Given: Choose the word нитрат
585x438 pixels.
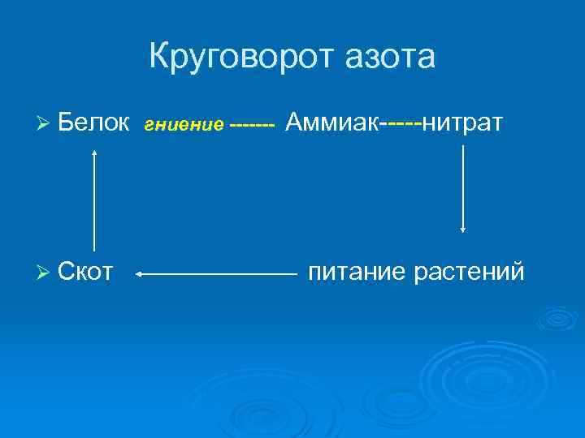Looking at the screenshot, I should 464,123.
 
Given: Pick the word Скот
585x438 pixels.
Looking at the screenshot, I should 85,272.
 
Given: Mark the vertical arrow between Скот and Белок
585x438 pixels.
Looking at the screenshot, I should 95,199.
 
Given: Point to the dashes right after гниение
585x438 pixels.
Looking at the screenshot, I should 253,126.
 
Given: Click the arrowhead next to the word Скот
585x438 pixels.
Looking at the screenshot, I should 139,275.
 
